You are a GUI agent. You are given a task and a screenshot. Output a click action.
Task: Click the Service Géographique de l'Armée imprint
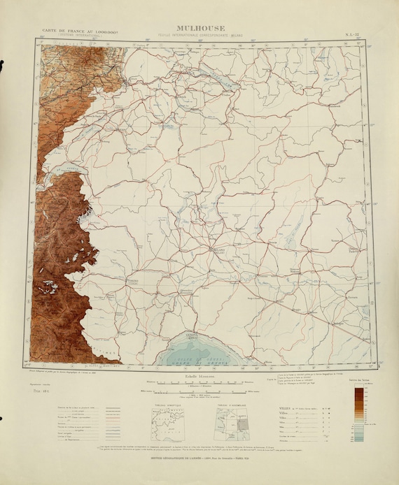pos(199,458)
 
